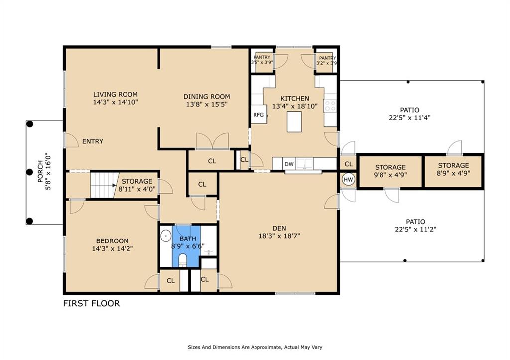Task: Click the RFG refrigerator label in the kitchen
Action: [258, 115]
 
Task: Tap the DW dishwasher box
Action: [289, 164]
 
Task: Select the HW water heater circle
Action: [348, 180]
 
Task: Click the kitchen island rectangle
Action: [294, 121]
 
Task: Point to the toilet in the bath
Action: [183, 260]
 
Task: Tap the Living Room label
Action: [116, 94]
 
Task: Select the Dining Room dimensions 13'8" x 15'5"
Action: [207, 104]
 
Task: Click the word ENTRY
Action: [93, 141]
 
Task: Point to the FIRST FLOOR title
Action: [92, 303]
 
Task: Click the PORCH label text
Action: [40, 171]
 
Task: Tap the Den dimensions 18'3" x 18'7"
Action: [279, 236]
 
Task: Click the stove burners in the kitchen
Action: [330, 106]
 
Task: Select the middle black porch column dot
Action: [29, 172]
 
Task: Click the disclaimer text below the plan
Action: [255, 347]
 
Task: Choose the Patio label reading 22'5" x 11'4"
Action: [410, 114]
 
